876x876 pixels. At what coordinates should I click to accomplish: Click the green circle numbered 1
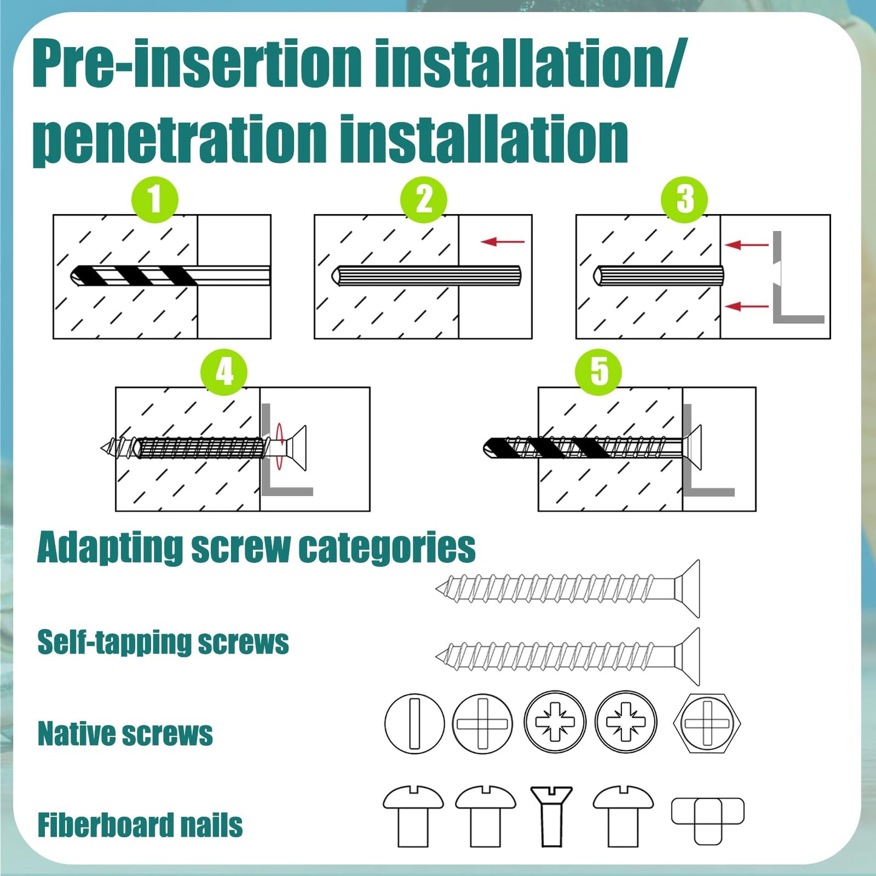[155, 199]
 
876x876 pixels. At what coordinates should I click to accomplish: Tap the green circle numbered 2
[424, 199]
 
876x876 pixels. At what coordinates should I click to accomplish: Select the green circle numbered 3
[684, 199]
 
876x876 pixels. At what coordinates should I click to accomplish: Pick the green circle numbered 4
[224, 372]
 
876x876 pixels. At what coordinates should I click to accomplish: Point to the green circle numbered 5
[598, 372]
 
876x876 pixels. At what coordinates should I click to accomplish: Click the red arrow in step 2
[503, 242]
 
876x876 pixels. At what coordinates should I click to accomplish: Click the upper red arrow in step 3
[747, 245]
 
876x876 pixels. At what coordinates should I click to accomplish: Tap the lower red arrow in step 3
[747, 306]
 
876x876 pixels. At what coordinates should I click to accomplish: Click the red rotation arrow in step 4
[279, 447]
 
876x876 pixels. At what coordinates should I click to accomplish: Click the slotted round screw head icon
[415, 724]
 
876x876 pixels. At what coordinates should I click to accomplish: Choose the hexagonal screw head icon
[707, 724]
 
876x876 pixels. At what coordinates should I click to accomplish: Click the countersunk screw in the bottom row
[551, 815]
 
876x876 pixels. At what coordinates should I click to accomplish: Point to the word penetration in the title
[179, 141]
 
